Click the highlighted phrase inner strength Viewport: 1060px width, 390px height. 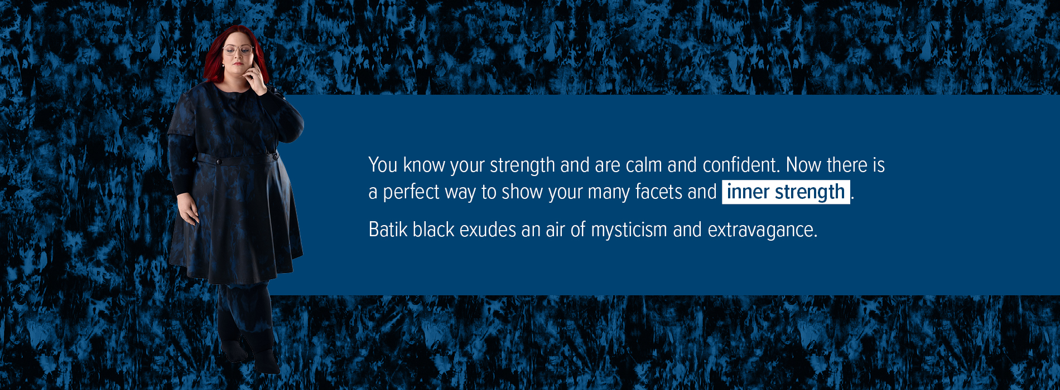[786, 192]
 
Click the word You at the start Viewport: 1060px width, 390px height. [383, 165]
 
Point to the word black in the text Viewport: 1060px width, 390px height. [433, 230]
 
